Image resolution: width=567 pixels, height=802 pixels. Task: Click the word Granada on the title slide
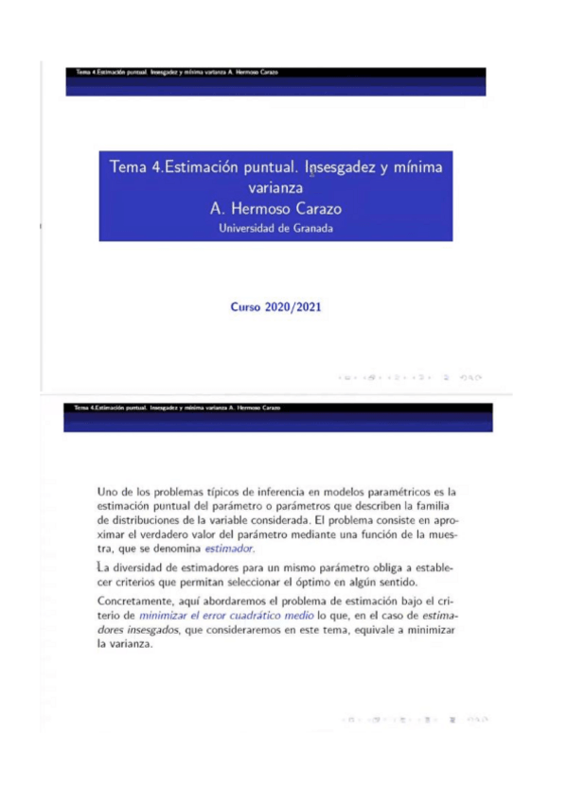point(311,228)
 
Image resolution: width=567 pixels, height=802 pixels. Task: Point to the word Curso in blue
point(247,307)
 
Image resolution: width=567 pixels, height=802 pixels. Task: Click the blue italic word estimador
point(232,549)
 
